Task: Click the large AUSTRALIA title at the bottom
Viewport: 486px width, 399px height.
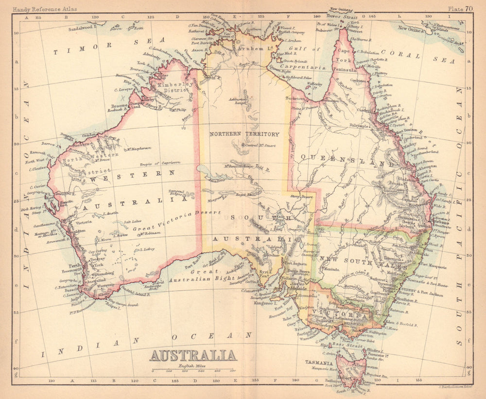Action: (x=193, y=355)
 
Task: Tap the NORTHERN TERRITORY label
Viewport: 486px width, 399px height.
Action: (x=244, y=134)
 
